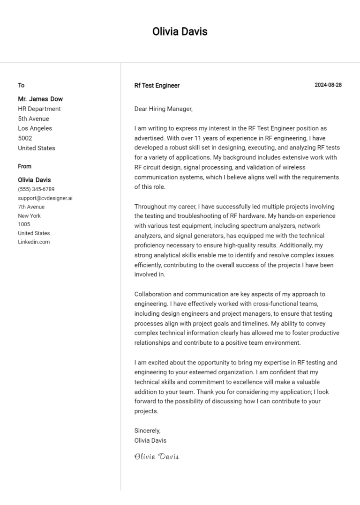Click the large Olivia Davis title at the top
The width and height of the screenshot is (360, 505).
pos(180,32)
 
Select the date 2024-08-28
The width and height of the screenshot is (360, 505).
pos(328,85)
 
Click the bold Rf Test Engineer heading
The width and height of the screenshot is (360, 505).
pos(157,86)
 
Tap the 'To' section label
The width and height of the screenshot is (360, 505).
pos(21,85)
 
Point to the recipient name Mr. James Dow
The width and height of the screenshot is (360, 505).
pos(40,99)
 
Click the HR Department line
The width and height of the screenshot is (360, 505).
pos(39,109)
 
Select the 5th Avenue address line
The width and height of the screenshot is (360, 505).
pos(34,119)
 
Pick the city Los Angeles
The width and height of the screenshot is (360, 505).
pos(35,128)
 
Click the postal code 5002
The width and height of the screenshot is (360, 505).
pos(25,138)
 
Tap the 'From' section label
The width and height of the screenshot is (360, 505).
pos(25,166)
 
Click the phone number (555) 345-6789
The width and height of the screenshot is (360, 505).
pos(36,189)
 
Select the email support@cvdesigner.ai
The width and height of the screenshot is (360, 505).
pos(45,198)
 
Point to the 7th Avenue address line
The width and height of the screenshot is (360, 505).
pos(31,207)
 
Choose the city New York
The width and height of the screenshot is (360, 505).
pos(30,216)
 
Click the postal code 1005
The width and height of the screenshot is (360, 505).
pos(24,224)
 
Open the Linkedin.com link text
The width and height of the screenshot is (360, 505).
pos(34,242)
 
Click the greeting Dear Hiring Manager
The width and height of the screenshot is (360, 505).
pos(163,109)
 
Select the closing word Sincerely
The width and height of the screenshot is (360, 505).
pos(147,431)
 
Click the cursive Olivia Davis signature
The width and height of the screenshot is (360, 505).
pos(157,456)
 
